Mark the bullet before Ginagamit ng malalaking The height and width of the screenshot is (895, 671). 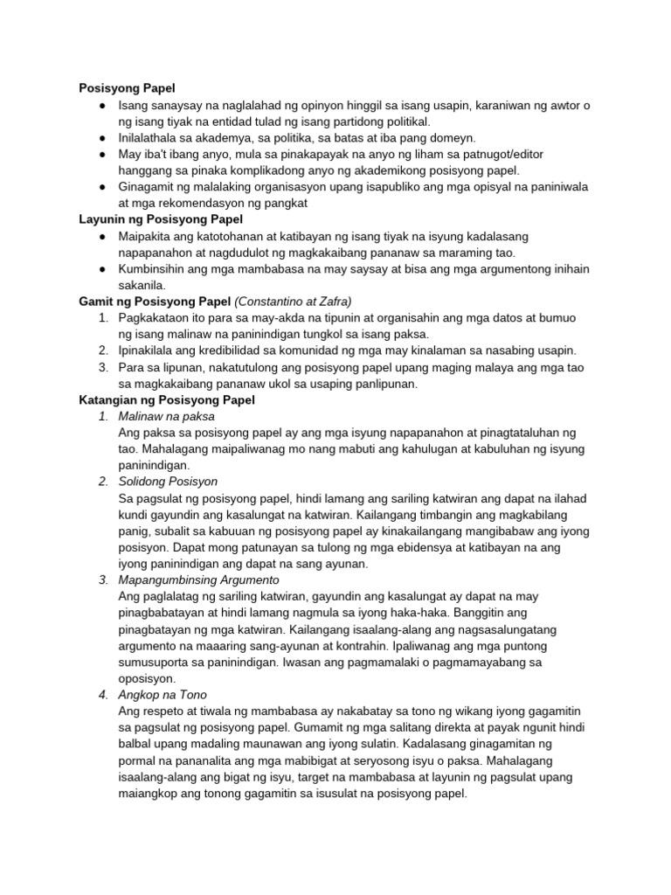click(102, 187)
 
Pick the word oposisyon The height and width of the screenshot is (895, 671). click(150, 678)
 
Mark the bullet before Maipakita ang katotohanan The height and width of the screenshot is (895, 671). click(102, 237)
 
